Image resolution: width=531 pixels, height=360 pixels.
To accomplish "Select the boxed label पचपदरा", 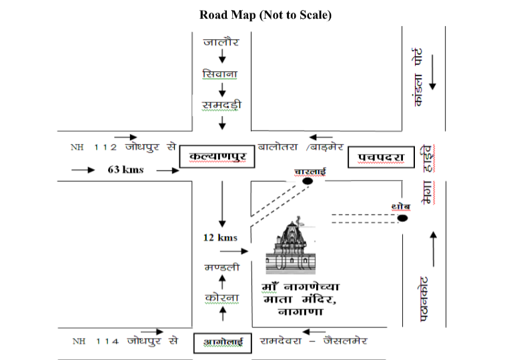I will pos(377,157).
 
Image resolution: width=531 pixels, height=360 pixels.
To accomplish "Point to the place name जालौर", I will pos(221,43).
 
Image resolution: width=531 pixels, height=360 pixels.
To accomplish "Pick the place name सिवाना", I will pos(221,73).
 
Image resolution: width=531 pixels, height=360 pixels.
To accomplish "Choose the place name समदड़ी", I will pos(221,104).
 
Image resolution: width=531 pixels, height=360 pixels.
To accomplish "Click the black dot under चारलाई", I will pos(307,181).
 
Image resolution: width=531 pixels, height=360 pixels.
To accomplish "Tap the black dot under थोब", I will pos(402,218).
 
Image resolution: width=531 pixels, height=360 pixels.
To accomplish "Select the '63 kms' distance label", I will pos(125,169).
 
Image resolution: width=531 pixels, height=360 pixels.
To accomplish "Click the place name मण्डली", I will pos(220,267).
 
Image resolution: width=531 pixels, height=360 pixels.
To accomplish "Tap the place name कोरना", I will pos(221,297).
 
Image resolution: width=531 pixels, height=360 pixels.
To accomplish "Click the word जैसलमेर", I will pos(345,341).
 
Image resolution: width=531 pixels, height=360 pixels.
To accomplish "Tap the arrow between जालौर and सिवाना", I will pos(221,58).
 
